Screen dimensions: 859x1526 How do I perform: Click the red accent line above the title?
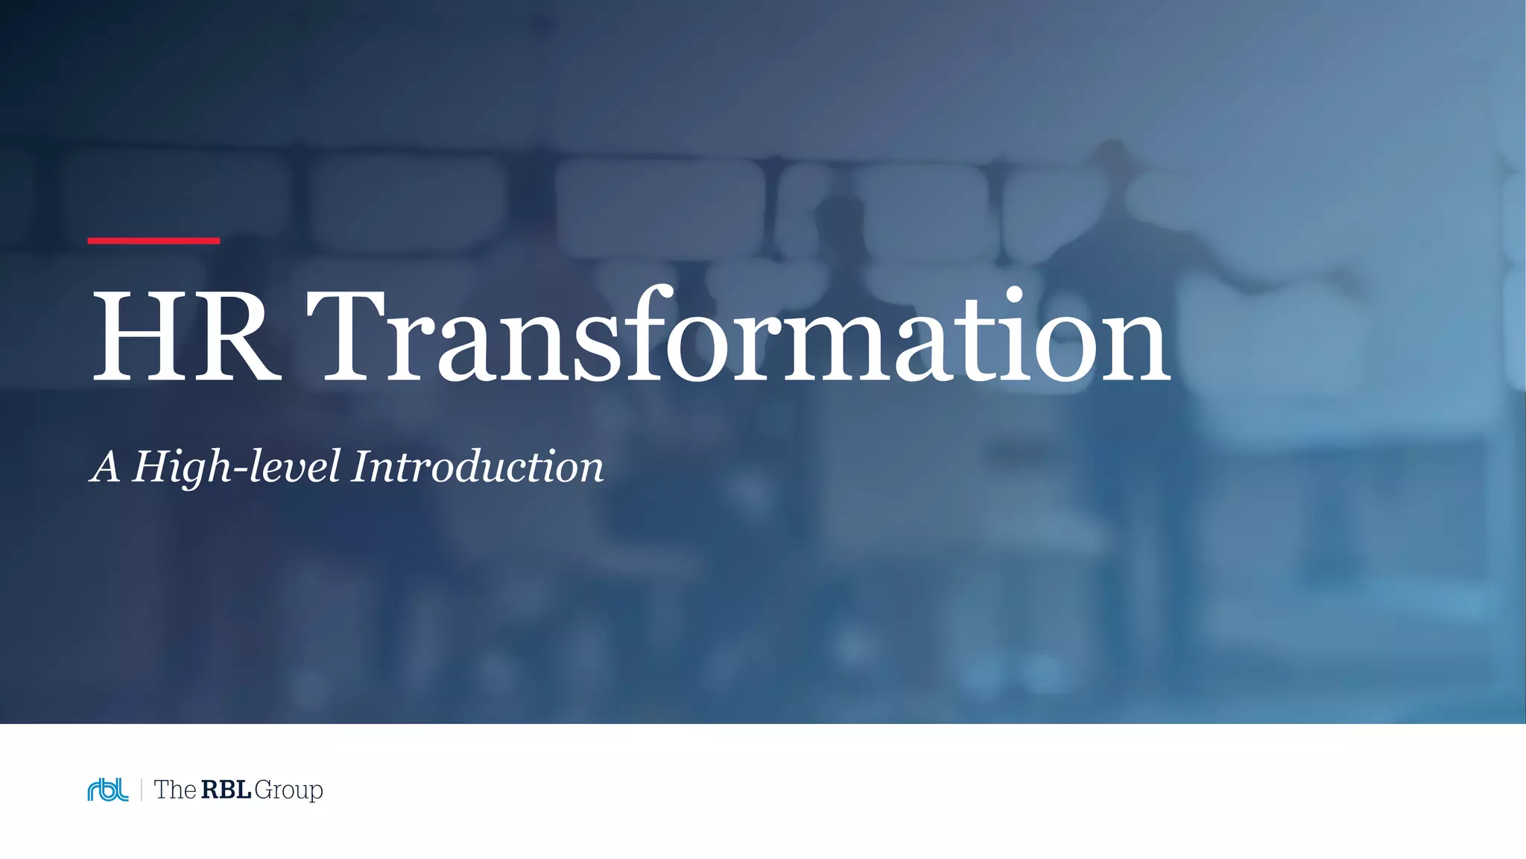click(x=153, y=241)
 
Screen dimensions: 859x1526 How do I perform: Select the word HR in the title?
click(x=186, y=337)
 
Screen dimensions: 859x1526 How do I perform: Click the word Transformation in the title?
click(x=738, y=337)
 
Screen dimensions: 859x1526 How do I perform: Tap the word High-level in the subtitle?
click(x=236, y=468)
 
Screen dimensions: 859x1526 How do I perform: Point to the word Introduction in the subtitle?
click(x=478, y=468)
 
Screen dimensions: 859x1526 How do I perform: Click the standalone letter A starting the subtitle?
click(x=105, y=468)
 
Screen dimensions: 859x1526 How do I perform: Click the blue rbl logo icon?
click(x=108, y=790)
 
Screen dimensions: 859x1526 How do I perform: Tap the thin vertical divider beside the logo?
click(x=141, y=790)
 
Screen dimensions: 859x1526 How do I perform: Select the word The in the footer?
click(x=174, y=790)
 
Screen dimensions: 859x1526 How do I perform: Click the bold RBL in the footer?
click(x=226, y=790)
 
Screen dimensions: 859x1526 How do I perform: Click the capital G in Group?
click(x=265, y=790)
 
